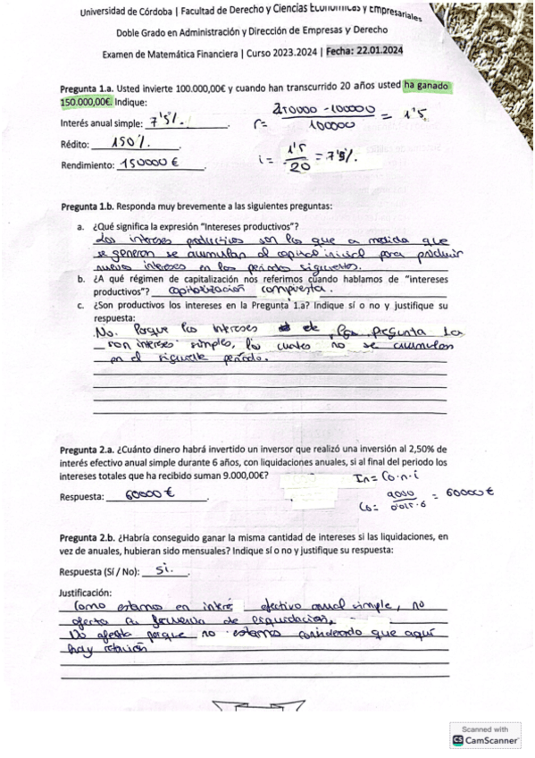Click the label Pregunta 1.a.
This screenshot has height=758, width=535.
pyautogui.click(x=88, y=88)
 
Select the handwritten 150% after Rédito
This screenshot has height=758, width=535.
pyautogui.click(x=132, y=142)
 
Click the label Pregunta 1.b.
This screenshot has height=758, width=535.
pyautogui.click(x=89, y=206)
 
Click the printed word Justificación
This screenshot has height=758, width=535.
pyautogui.click(x=86, y=592)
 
